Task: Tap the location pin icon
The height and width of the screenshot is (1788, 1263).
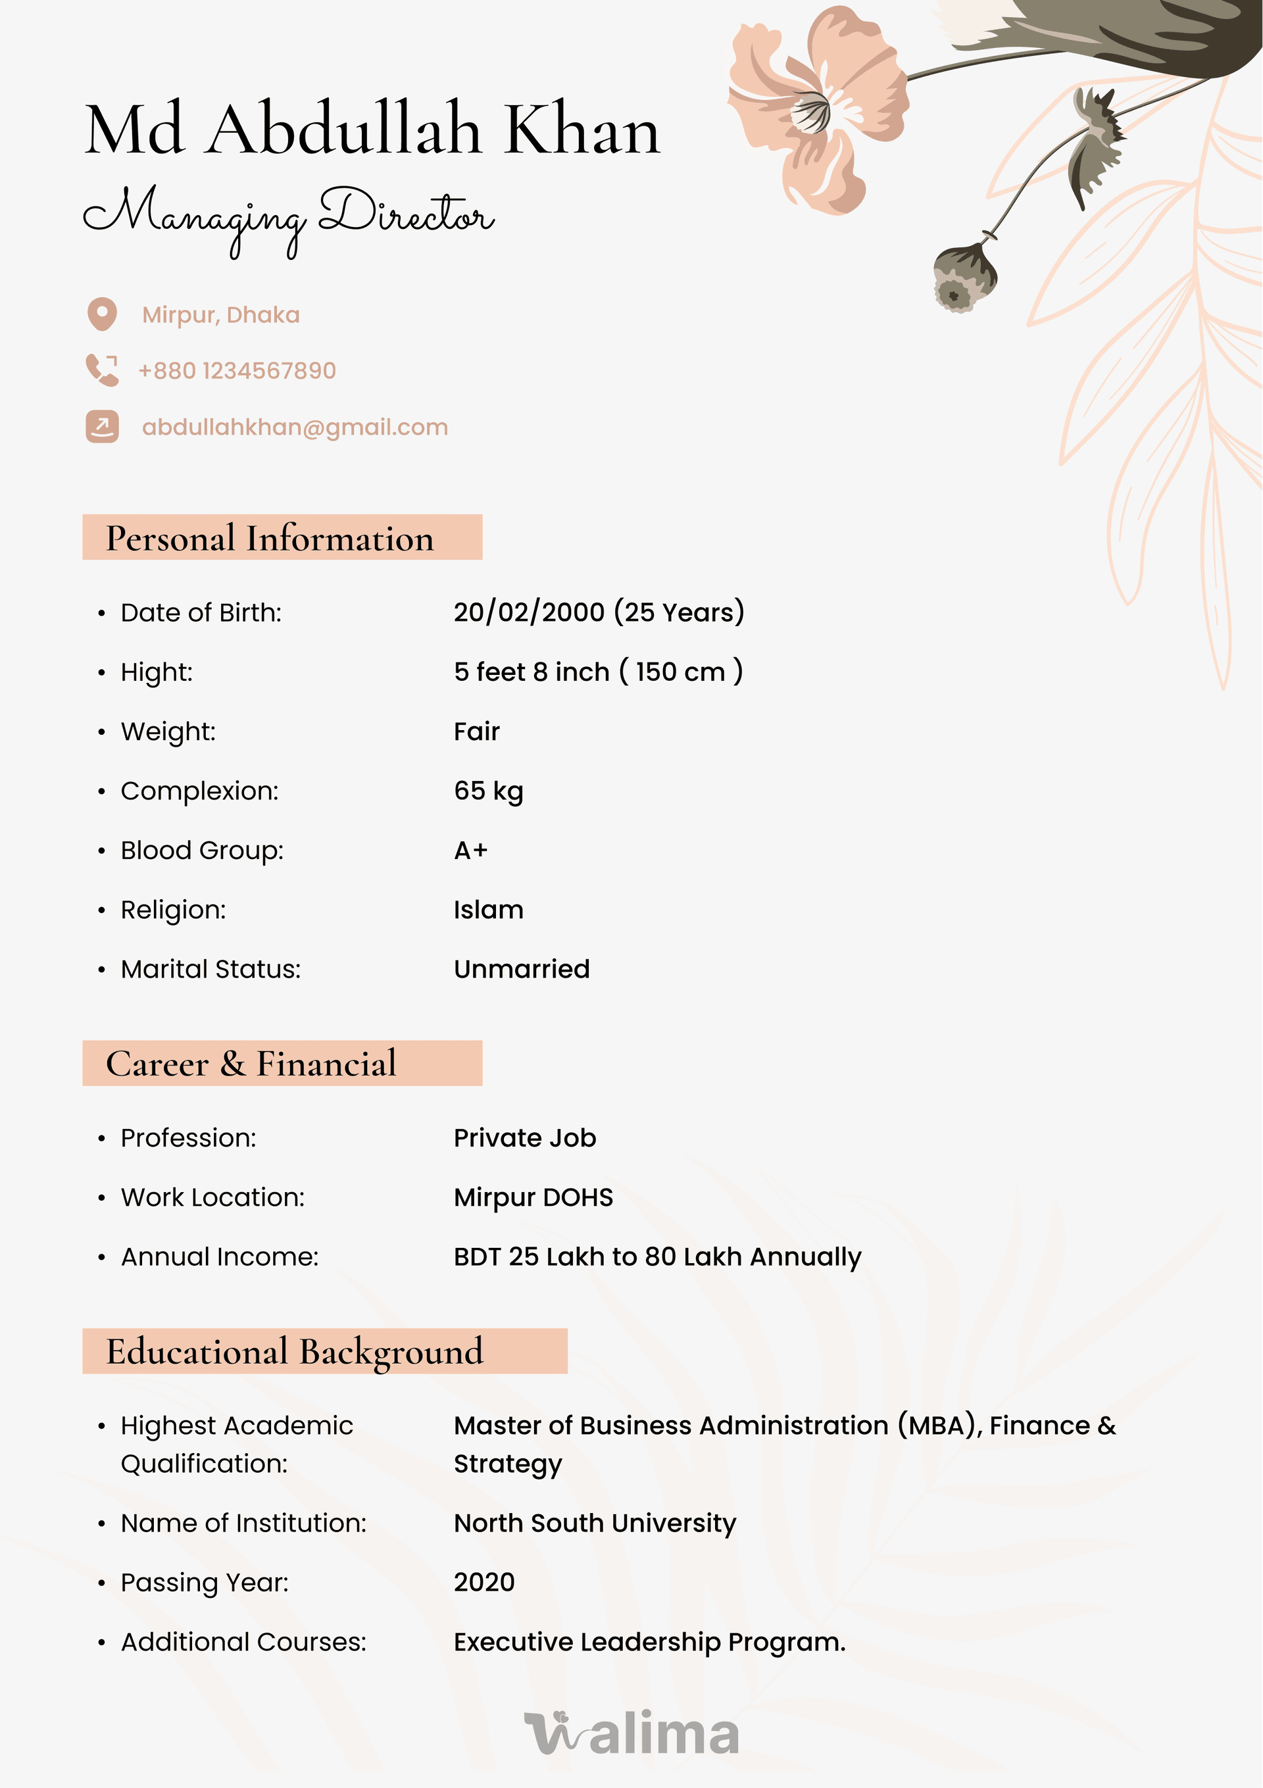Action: pos(102,314)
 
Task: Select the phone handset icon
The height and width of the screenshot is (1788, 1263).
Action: pos(102,370)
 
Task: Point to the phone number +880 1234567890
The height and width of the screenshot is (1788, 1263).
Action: pos(237,370)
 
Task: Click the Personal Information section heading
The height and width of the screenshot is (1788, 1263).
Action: pos(270,538)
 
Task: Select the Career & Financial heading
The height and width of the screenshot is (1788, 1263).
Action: pos(251,1064)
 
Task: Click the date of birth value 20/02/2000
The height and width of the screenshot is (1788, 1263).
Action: pos(530,612)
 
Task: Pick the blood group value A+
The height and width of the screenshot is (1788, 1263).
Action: pos(470,851)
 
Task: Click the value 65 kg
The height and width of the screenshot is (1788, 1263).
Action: pos(488,791)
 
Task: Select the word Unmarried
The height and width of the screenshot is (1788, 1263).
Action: pos(522,969)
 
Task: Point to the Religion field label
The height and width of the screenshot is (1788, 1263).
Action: pos(173,910)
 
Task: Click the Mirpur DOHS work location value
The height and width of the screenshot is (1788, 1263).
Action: pos(533,1198)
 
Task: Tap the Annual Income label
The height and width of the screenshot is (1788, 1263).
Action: pos(220,1257)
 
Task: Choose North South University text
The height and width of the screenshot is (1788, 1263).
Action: pos(595,1524)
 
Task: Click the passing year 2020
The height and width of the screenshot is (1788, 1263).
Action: pos(484,1582)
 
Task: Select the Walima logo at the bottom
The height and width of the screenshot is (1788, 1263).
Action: pos(631,1733)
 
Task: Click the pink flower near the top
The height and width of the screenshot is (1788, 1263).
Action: pos(818,109)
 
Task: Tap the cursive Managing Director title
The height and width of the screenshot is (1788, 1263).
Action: pos(288,215)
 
